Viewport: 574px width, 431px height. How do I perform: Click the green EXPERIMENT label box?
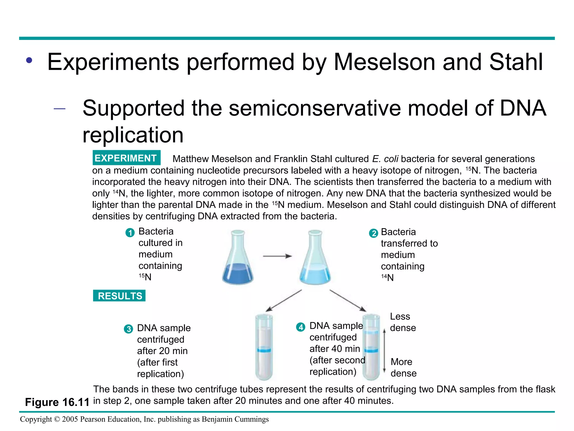126,158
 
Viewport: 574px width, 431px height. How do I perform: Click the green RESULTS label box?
119,296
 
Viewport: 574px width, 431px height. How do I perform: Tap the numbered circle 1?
130,233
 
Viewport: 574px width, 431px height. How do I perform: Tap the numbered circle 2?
373,233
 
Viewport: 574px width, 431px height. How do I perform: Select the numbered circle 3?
129,329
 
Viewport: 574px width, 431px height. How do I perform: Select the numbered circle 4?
301,327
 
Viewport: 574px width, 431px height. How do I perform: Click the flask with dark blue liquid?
238,258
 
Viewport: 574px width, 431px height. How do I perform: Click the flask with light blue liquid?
315,258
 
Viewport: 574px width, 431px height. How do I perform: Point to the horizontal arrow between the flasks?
277,256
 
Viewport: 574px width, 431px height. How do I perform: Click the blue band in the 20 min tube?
264,350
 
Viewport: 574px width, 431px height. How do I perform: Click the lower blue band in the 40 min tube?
371,350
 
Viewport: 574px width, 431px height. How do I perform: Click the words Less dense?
403,322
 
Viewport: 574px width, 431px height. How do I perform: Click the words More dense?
403,367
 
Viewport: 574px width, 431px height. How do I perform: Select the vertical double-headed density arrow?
384,351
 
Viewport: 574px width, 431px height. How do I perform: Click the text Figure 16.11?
57,402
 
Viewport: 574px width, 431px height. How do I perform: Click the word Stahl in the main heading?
516,62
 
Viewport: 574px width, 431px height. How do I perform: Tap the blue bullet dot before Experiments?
29,60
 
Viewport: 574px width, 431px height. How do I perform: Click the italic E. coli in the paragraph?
385,159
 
